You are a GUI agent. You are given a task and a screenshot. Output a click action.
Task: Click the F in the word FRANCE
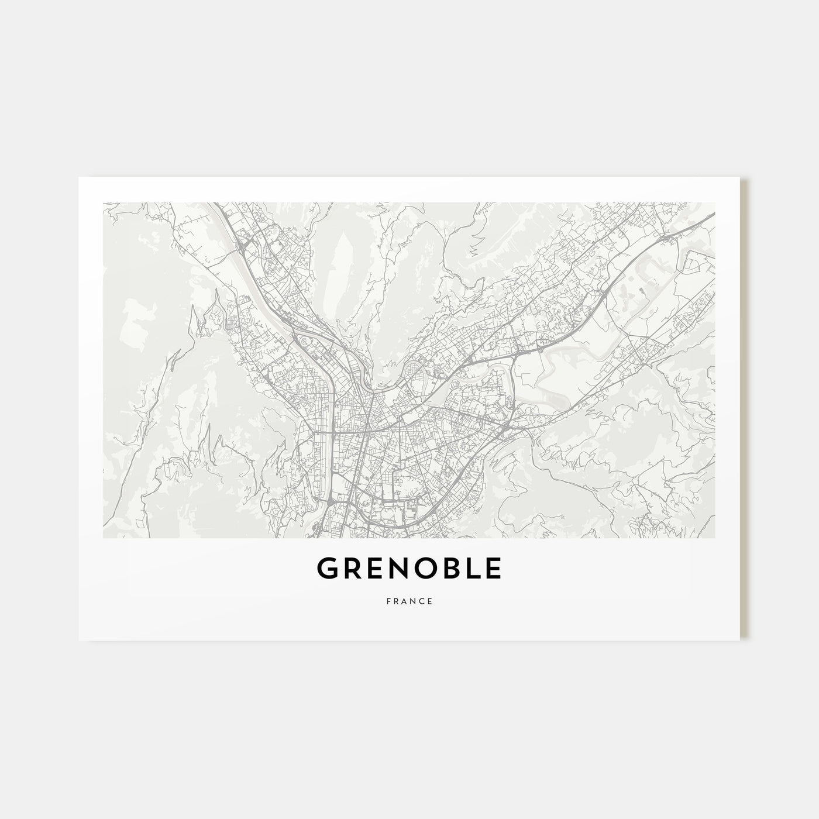tap(388, 601)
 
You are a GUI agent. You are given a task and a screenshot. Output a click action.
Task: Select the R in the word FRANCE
tap(396, 601)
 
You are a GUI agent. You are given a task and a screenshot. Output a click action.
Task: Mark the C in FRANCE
tap(422, 601)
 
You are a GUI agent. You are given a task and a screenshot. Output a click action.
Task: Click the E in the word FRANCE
tap(431, 601)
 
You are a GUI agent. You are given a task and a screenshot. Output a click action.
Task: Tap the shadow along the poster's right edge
tap(745, 409)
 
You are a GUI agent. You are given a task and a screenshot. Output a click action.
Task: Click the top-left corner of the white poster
tap(80, 178)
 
